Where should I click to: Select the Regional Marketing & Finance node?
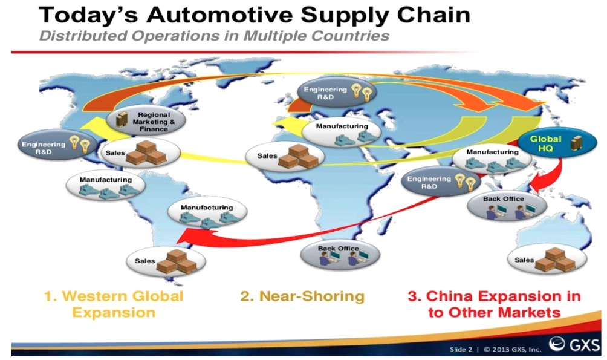[146, 121]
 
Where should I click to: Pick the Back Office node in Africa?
[340, 255]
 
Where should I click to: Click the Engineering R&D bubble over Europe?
[337, 93]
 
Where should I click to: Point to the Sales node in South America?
[166, 261]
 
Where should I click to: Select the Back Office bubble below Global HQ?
[507, 206]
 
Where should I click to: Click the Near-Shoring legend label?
[302, 296]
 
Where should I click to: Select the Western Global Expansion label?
[114, 304]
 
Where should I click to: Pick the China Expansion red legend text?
[495, 304]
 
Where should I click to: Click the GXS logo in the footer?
[574, 344]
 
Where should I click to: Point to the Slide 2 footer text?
[461, 349]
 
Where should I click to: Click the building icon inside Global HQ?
[576, 143]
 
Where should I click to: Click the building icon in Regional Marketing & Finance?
[122, 120]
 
